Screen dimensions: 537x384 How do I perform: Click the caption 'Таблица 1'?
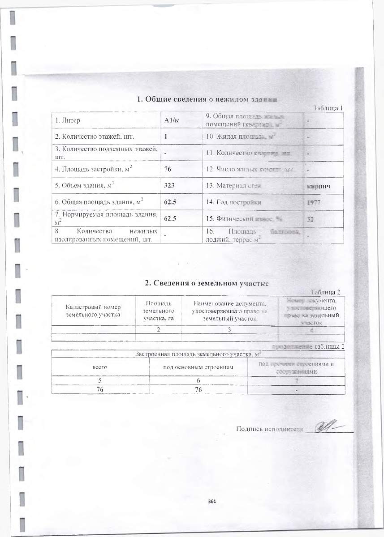328,108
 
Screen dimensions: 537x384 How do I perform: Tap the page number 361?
212,502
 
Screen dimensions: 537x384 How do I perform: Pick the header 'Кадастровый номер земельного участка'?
93,311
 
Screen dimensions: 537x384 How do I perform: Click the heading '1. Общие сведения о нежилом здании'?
209,99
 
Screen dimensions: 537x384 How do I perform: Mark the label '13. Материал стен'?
233,186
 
